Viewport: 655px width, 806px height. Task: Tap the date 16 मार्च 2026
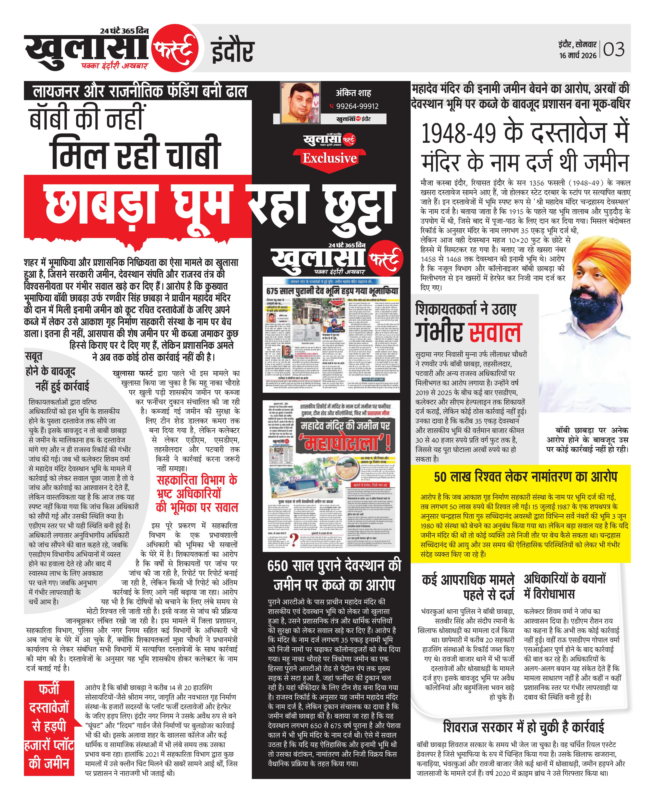(x=578, y=55)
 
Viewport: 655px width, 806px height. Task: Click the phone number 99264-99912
(x=357, y=106)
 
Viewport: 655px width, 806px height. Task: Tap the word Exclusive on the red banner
(x=329, y=158)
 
